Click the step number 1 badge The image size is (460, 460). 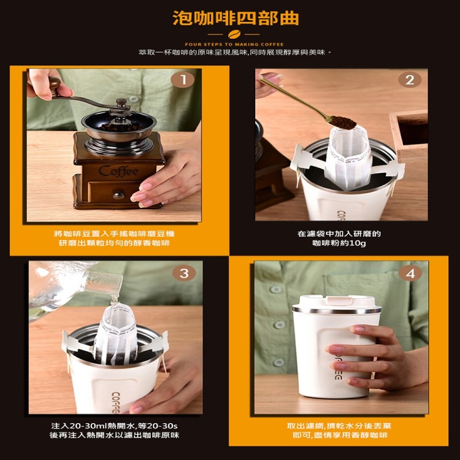(183, 80)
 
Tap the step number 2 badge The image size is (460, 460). (410, 80)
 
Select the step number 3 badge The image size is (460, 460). (184, 273)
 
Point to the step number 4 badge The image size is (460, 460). (410, 274)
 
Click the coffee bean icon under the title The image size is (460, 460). (234, 34)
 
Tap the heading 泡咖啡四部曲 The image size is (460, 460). (236, 18)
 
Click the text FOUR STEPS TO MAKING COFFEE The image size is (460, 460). (234, 45)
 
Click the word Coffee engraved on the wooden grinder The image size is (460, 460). (118, 171)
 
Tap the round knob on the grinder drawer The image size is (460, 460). (118, 196)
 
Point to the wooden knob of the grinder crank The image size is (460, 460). (55, 85)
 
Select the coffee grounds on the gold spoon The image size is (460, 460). (343, 121)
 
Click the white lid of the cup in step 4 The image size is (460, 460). (337, 304)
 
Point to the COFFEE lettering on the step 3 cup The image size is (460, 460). (115, 402)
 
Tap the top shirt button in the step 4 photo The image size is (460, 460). (275, 289)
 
